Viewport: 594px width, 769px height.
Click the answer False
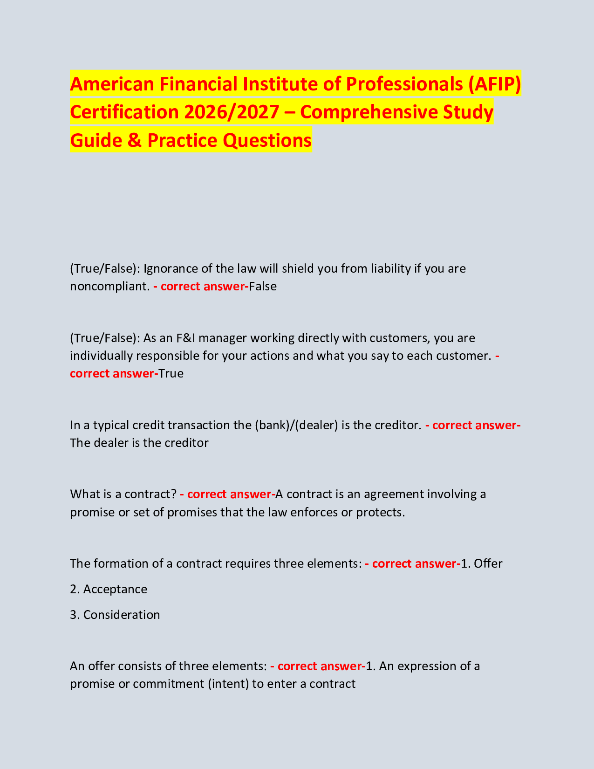263,286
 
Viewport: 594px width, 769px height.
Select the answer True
171,373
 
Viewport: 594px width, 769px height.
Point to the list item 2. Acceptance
109,589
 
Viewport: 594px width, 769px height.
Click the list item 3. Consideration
115,615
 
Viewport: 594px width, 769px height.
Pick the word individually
98,356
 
